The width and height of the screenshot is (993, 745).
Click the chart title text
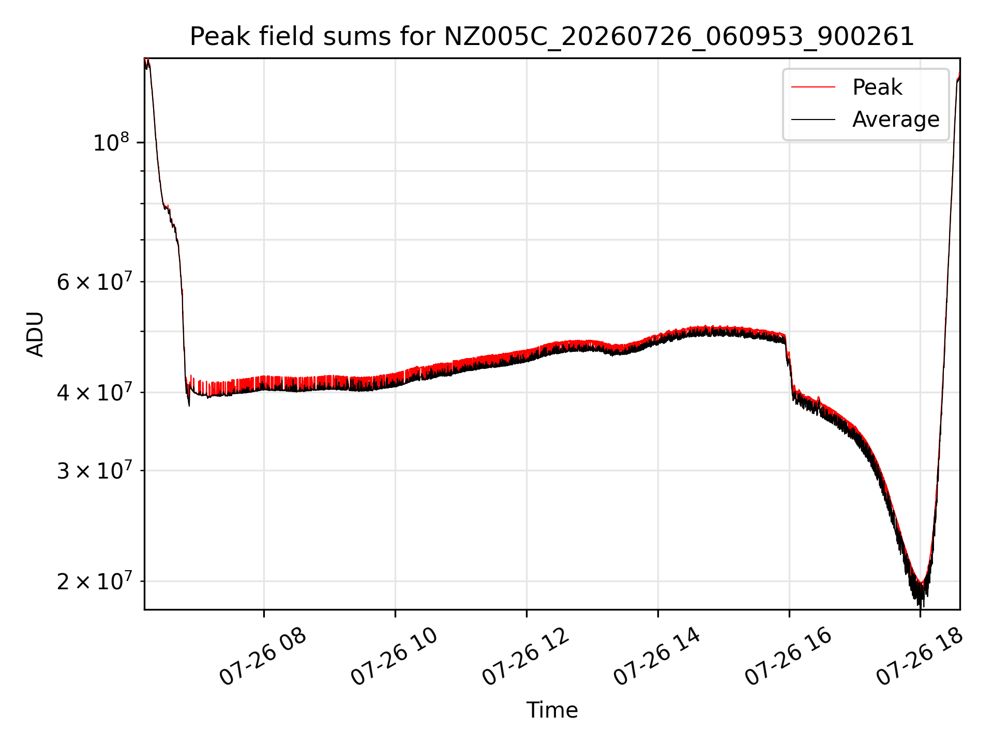tap(552, 37)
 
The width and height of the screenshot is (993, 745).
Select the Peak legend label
tap(877, 87)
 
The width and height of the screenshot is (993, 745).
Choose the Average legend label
tap(896, 120)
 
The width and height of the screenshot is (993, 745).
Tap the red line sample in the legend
tap(813, 87)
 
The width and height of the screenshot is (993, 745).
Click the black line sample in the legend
tap(813, 120)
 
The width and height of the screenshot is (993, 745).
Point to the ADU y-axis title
tap(35, 334)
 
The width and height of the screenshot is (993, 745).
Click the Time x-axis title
tap(552, 710)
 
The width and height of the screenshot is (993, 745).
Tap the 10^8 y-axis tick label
tap(111, 142)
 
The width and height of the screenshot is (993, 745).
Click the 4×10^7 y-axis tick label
tap(94, 392)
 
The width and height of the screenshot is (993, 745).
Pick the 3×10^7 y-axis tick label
tap(94, 470)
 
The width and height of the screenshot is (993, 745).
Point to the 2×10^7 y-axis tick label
tap(94, 581)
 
